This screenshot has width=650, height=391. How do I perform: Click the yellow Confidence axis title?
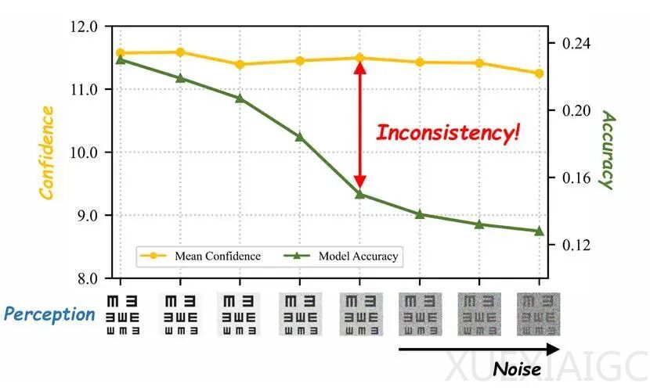click(47, 152)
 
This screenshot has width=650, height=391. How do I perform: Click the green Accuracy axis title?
click(606, 149)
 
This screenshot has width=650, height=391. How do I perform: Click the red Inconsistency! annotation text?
click(447, 132)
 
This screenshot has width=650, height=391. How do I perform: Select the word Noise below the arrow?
click(517, 368)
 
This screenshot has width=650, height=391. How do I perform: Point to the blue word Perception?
click(49, 314)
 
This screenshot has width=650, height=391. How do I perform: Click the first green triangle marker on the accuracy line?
click(121, 59)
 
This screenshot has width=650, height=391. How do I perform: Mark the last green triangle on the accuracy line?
click(539, 231)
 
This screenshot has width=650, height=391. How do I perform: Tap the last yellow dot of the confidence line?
click(539, 74)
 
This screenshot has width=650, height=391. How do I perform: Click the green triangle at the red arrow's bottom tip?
click(359, 193)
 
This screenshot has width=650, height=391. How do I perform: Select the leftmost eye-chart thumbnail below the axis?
click(121, 314)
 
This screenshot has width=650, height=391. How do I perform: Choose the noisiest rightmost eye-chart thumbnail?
click(539, 314)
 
